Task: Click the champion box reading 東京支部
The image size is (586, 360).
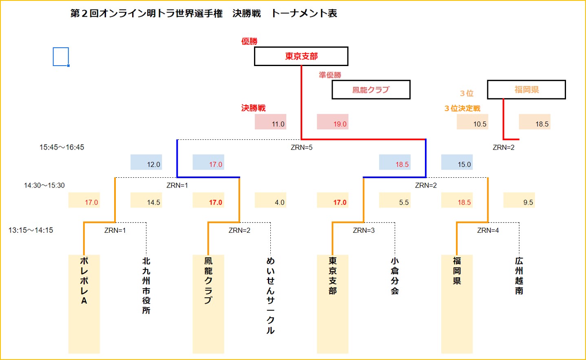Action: tap(301, 56)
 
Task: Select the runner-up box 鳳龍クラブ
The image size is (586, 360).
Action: tap(371, 90)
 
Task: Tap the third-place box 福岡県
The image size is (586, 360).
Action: tap(526, 90)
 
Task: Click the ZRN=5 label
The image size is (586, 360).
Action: tap(301, 148)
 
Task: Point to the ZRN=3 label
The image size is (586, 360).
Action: tap(364, 230)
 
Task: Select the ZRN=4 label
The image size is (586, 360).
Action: tap(488, 230)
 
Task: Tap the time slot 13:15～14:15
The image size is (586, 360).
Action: tap(31, 230)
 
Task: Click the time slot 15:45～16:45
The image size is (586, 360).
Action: tap(62, 147)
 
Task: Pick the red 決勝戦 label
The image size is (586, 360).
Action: tap(253, 108)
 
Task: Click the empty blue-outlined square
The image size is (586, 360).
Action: tap(61, 57)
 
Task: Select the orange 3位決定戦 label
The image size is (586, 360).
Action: tap(462, 108)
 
